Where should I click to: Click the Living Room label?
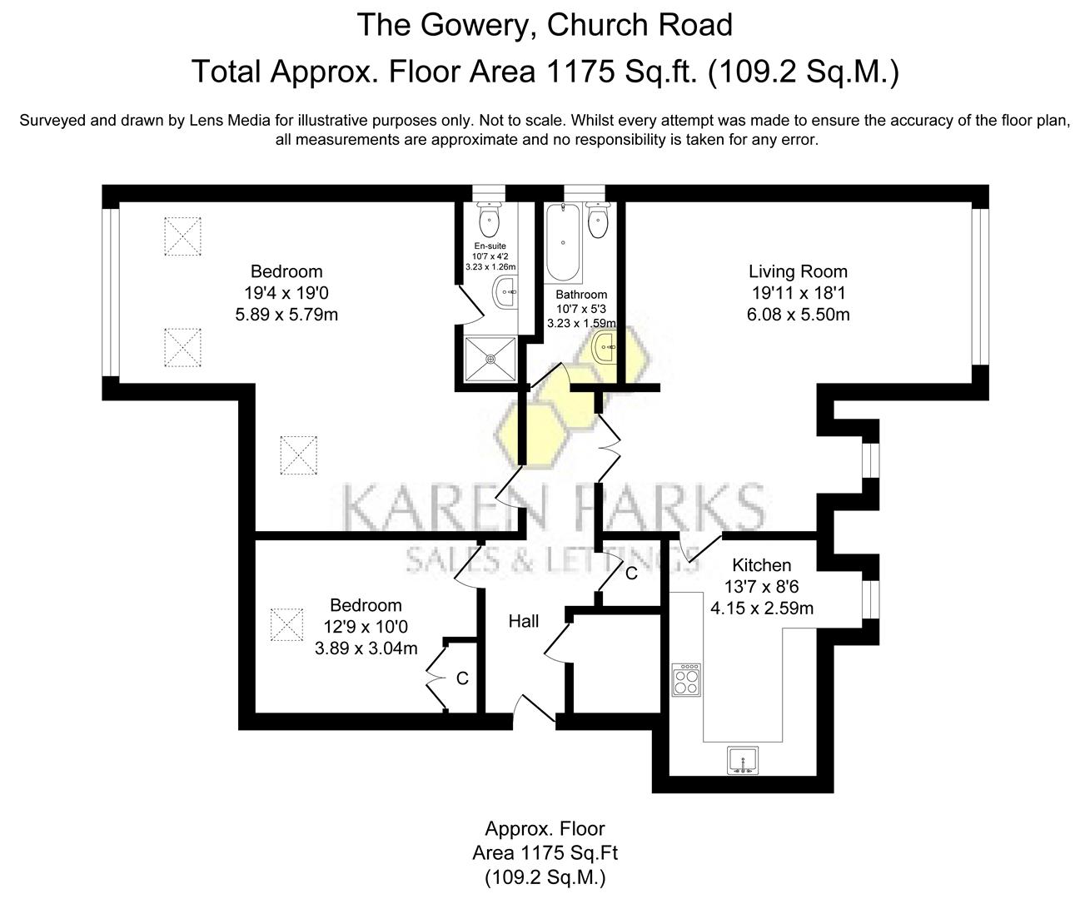point(798,271)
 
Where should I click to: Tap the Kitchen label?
point(761,565)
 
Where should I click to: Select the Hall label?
point(524,621)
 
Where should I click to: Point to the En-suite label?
point(490,246)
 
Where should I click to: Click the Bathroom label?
point(581,295)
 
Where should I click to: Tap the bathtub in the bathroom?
point(564,244)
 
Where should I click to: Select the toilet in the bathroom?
point(598,220)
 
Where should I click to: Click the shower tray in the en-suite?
point(490,358)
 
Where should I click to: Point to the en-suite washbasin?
point(505,292)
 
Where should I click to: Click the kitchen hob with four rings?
point(687,679)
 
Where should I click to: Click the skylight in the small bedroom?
point(286,624)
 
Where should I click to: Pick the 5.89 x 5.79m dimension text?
point(286,315)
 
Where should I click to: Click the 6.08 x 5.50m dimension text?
point(798,315)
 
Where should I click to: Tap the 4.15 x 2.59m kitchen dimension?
point(761,608)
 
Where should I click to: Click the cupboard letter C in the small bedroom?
point(462,678)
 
